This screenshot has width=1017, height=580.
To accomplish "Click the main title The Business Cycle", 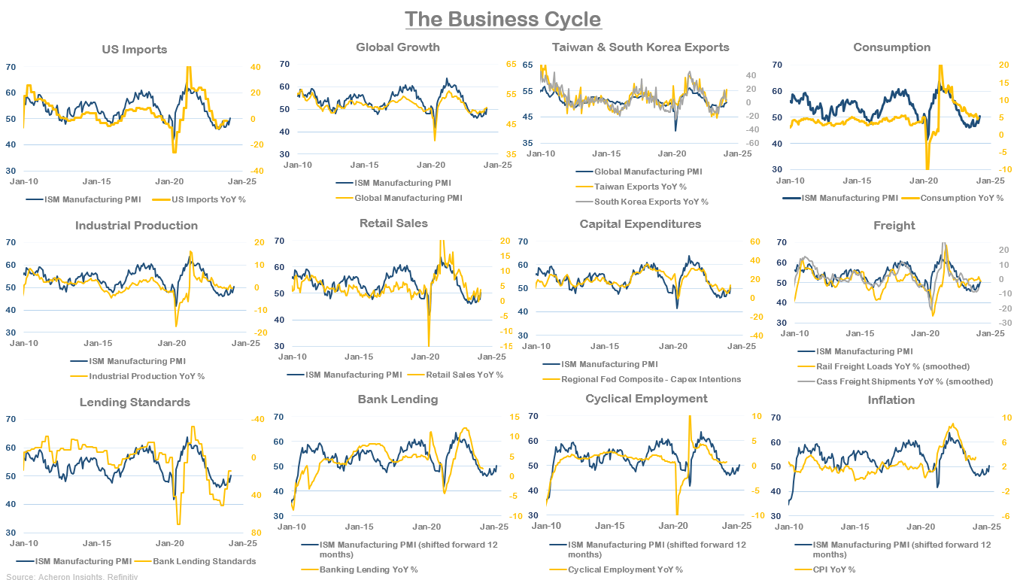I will [x=502, y=19].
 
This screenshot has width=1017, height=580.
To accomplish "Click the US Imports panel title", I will [x=134, y=50].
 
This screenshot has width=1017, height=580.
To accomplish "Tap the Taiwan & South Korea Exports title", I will [x=640, y=47].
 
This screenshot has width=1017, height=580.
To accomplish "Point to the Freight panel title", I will [x=894, y=226].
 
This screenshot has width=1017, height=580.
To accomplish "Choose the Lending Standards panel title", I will [x=135, y=402].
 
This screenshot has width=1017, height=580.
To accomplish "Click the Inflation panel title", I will [x=891, y=400].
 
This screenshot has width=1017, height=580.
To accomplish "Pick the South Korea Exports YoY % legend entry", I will [x=651, y=202].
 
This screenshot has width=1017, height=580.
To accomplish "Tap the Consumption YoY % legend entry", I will [x=961, y=198].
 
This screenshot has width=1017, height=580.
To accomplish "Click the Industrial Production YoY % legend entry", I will [x=147, y=376].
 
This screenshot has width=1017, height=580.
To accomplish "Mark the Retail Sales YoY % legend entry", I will [x=464, y=374].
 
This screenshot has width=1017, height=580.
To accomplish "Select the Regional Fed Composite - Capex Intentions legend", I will [x=651, y=379].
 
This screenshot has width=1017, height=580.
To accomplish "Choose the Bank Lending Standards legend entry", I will [x=205, y=561].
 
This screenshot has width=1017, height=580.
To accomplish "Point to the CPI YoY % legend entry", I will [x=836, y=569].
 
